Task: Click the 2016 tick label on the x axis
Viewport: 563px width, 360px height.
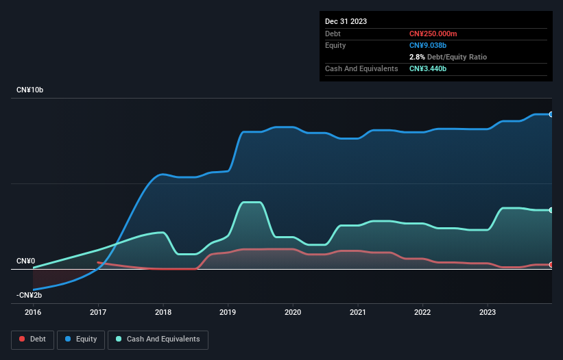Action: (33, 312)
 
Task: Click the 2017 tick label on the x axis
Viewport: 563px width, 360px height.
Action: (98, 312)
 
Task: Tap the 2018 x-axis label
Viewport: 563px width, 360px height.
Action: (163, 312)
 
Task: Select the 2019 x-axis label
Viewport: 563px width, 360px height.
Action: (228, 312)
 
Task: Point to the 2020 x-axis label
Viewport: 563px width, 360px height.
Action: (293, 312)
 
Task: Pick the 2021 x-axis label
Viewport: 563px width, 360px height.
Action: (358, 312)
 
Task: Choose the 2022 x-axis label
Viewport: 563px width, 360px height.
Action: (422, 312)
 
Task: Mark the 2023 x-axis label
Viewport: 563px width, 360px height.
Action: (488, 312)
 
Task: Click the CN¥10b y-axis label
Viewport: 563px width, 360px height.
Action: (30, 90)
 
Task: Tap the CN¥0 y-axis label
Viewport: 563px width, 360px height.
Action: (25, 261)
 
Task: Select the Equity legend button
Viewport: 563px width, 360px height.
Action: (81, 339)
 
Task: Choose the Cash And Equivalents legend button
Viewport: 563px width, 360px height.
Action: (158, 339)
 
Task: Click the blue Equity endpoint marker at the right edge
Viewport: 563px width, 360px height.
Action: (551, 114)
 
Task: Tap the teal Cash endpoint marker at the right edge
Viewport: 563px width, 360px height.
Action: (551, 210)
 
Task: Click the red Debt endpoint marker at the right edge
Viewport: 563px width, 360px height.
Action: (551, 265)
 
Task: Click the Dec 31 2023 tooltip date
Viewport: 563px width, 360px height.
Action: (346, 21)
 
